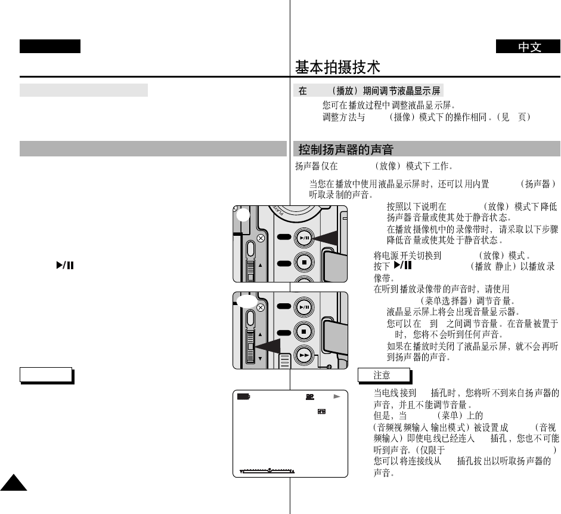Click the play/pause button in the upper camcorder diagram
click(304, 238)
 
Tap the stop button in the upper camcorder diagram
click(304, 263)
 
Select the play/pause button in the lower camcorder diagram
click(304, 307)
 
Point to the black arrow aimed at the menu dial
click(269, 347)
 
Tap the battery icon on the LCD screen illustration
click(242, 396)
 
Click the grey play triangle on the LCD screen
click(336, 396)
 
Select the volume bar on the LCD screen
click(267, 471)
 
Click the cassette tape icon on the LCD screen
click(323, 411)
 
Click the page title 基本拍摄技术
click(337, 67)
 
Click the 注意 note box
click(384, 375)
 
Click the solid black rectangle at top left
click(49, 47)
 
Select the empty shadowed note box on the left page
click(46, 374)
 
